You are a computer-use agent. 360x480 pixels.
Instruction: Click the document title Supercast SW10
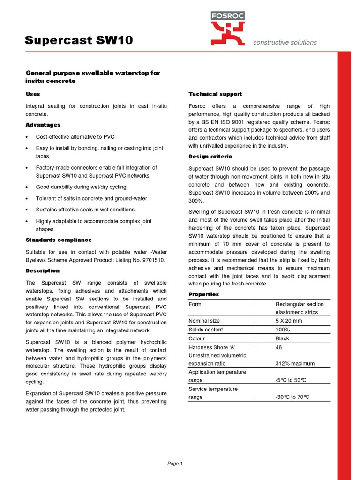tap(79, 41)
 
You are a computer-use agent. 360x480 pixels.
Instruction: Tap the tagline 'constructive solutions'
tap(285, 42)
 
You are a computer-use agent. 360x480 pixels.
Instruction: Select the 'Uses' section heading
tap(33, 94)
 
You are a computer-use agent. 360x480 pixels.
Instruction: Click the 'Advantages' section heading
tap(43, 125)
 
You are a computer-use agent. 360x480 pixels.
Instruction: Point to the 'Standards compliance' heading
tap(59, 240)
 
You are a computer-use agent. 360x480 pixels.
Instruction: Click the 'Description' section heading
tap(43, 270)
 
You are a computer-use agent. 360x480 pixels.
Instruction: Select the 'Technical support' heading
tap(215, 94)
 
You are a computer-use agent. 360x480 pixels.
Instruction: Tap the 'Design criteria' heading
tap(210, 157)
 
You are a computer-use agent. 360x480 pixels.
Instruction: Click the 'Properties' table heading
tap(204, 294)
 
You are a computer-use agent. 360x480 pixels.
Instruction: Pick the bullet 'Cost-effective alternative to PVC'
tap(75, 137)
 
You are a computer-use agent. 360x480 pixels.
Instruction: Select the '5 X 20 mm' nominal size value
tap(289, 321)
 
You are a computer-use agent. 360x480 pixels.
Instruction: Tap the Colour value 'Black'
tap(282, 338)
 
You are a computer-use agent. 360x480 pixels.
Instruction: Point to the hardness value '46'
tap(279, 347)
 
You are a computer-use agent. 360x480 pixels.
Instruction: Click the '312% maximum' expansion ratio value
tap(295, 364)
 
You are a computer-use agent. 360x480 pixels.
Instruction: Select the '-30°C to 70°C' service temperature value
tap(292, 397)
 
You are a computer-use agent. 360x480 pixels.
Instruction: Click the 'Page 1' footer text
tap(175, 464)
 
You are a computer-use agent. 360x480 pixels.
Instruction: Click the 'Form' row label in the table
tap(195, 304)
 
